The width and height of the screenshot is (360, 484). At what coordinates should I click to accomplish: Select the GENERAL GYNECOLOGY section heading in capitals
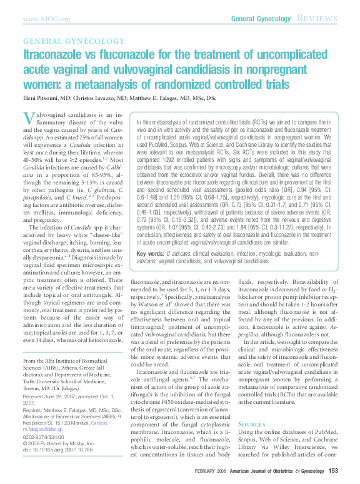(x=63, y=41)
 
